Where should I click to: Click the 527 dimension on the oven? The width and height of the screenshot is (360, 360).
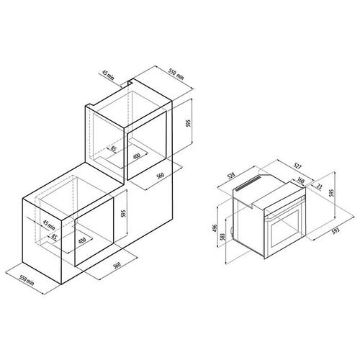pyautogui.click(x=298, y=166)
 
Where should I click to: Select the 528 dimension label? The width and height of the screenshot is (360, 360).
pyautogui.click(x=231, y=176)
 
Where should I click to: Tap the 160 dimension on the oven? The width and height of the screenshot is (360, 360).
pyautogui.click(x=300, y=180)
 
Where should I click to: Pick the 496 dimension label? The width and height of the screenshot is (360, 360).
pyautogui.click(x=215, y=228)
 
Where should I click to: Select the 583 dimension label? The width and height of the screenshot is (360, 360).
pyautogui.click(x=222, y=238)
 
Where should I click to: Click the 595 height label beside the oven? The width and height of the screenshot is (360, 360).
pyautogui.click(x=331, y=193)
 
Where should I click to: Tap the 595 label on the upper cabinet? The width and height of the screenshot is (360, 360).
pyautogui.click(x=189, y=123)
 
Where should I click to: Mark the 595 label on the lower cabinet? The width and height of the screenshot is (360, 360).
pyautogui.click(x=123, y=213)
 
